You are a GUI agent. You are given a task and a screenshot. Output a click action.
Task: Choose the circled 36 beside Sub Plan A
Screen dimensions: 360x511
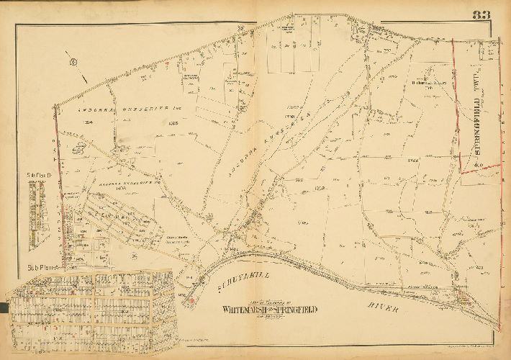pos(134,255)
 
